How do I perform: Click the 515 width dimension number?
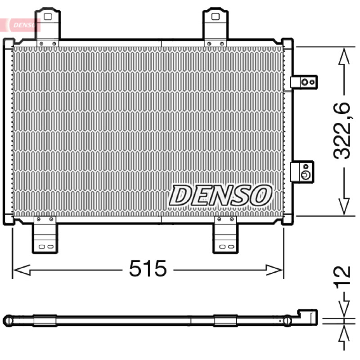point(148,268)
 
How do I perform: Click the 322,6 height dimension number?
point(342,131)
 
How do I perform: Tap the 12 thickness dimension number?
point(342,278)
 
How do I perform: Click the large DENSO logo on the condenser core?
point(220,195)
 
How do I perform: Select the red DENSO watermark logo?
point(20,25)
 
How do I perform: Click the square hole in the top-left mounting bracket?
point(48,17)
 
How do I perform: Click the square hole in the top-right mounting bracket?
point(216,17)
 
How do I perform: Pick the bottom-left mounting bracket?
point(45,234)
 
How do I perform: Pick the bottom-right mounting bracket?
point(225,234)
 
